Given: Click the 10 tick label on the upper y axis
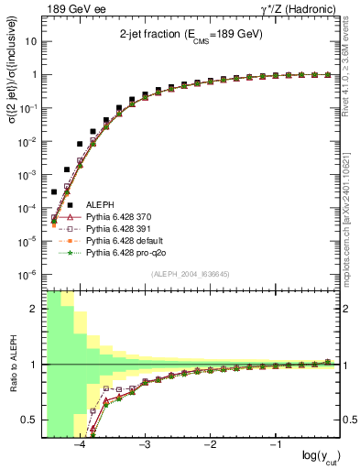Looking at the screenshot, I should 31,42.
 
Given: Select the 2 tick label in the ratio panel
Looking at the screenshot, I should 33,309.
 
